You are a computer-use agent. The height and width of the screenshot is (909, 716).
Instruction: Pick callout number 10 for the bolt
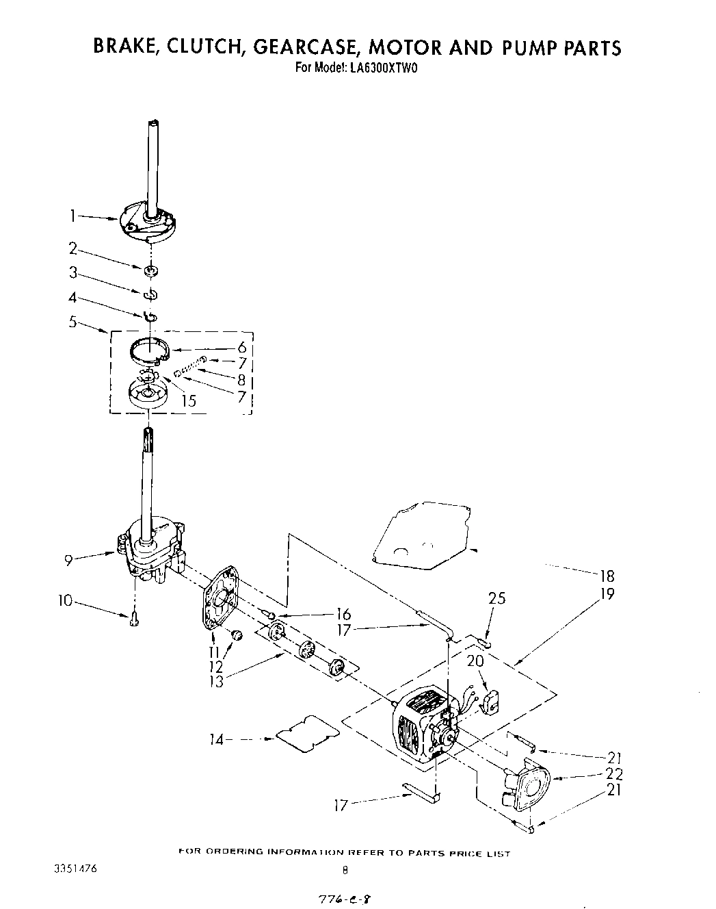(65, 601)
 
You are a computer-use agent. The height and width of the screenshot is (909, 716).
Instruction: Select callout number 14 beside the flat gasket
(217, 739)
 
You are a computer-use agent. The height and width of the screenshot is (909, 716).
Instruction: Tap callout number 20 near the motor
(475, 661)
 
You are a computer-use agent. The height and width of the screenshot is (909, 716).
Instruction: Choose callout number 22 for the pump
(614, 774)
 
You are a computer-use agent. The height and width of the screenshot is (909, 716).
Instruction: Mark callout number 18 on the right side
(607, 576)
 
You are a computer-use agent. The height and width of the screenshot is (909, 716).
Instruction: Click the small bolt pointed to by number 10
(134, 620)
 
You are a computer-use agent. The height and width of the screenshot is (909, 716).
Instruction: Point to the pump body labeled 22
(530, 786)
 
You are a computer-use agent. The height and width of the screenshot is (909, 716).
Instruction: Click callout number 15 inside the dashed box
(188, 401)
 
